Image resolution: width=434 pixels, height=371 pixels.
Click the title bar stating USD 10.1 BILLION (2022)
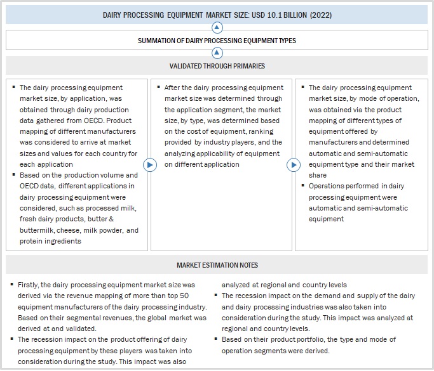[x=217, y=15]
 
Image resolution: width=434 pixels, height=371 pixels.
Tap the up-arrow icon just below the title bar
[x=217, y=27]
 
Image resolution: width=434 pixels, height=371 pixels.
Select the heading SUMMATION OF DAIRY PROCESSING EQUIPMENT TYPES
[x=217, y=41]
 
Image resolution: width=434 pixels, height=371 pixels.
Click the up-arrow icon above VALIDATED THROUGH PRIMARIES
[x=217, y=53]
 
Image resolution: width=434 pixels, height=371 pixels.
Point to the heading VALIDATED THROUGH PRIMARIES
[x=217, y=66]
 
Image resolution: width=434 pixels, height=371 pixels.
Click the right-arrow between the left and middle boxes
[x=150, y=165]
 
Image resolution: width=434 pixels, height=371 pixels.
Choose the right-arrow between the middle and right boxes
[x=293, y=165]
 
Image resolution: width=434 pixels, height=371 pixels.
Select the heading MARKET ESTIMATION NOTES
[x=217, y=264]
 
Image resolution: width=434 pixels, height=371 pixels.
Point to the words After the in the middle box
[x=179, y=88]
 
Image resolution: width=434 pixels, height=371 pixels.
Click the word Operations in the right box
[x=328, y=186]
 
